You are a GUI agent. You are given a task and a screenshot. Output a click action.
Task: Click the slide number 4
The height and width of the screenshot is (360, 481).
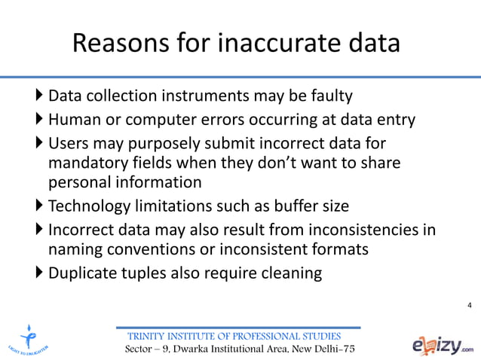coord(470,305)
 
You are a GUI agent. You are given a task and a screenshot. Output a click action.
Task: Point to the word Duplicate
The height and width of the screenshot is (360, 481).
coord(81,272)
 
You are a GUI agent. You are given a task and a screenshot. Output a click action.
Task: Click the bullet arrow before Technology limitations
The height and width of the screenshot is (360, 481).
coord(40,206)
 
